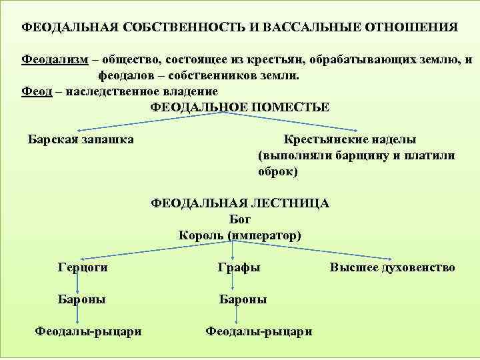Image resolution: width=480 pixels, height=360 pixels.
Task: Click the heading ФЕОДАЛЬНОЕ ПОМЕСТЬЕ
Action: click(240, 107)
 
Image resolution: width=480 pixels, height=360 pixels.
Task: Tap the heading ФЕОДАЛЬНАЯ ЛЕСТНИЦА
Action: click(240, 203)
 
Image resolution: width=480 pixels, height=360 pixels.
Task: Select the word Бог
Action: click(239, 219)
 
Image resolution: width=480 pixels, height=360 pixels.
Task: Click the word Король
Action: click(201, 235)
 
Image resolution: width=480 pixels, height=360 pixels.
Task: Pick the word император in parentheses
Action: click(265, 235)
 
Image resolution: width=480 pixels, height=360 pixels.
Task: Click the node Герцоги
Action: click(83, 267)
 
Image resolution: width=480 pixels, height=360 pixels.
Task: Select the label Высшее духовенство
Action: click(392, 267)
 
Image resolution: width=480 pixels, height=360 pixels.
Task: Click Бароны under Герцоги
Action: click(82, 299)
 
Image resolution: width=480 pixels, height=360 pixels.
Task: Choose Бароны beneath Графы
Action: click(243, 299)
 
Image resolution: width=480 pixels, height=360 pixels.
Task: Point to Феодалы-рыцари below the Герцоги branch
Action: click(88, 331)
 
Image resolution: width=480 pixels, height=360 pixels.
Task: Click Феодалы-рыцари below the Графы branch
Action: click(259, 331)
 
